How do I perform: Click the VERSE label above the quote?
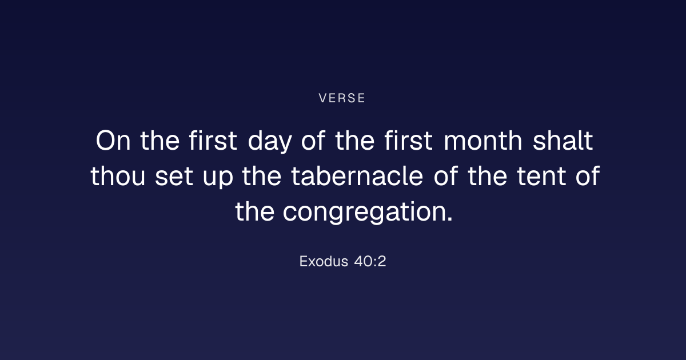(x=342, y=98)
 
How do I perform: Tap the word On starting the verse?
(x=113, y=141)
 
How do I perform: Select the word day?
(x=270, y=142)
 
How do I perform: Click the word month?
(x=483, y=141)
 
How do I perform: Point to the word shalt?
(x=563, y=141)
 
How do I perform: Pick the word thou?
(x=118, y=176)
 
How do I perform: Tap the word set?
(x=174, y=177)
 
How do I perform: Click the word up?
(x=218, y=178)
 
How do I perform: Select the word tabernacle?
(x=357, y=176)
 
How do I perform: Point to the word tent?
(x=541, y=177)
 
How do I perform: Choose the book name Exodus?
(x=324, y=262)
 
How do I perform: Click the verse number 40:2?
(x=370, y=262)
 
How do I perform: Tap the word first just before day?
(x=213, y=141)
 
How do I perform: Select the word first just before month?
(x=409, y=141)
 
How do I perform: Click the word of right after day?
(x=313, y=141)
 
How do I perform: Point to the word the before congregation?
(x=254, y=211)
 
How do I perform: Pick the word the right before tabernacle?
(x=262, y=176)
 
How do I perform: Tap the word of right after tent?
(x=588, y=176)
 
